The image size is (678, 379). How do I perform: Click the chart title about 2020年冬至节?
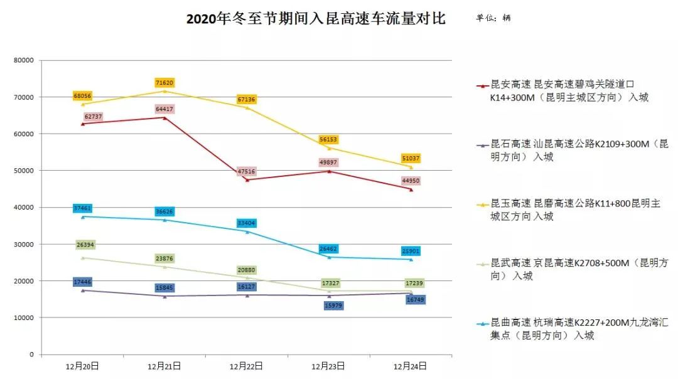pyautogui.click(x=316, y=19)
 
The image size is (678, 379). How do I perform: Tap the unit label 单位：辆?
pyautogui.click(x=493, y=18)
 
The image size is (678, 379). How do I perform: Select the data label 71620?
pyautogui.click(x=164, y=83)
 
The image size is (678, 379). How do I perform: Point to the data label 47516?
pyautogui.click(x=246, y=172)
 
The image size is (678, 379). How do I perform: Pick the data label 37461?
pyautogui.click(x=82, y=208)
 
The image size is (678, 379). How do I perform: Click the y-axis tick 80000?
pyautogui.click(x=23, y=61)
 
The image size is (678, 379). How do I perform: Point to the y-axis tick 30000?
pyautogui.click(x=23, y=244)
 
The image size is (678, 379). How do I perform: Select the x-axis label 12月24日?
pyautogui.click(x=410, y=365)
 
